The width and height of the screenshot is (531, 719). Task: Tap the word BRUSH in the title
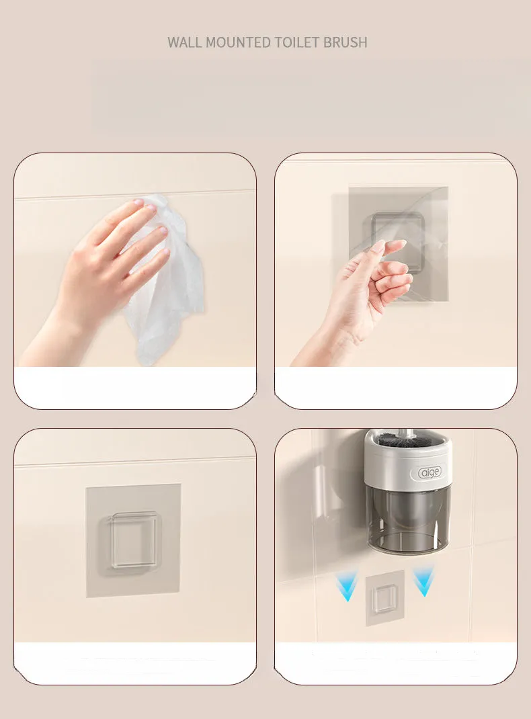pyautogui.click(x=345, y=42)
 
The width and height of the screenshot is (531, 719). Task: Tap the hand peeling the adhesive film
pyautogui.click(x=363, y=296)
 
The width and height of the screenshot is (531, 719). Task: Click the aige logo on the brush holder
pyautogui.click(x=430, y=473)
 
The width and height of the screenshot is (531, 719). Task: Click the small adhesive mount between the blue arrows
pyautogui.click(x=384, y=598)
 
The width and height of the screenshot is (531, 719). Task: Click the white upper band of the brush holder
pyautogui.click(x=409, y=470)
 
